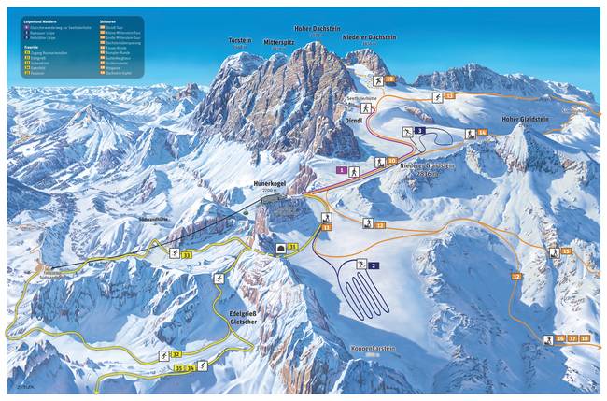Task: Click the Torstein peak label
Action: pos(240,41)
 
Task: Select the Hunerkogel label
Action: pos(271,184)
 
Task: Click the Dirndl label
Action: pos(354,121)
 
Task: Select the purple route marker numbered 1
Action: pos(343,170)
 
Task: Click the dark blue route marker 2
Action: pos(373,266)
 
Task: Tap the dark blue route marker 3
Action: pos(421,130)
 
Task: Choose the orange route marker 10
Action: pos(392,161)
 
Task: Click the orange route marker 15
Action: pos(566,251)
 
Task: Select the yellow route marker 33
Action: pos(187,254)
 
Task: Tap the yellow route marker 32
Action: pos(176,354)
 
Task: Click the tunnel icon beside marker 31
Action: pos(281,248)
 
